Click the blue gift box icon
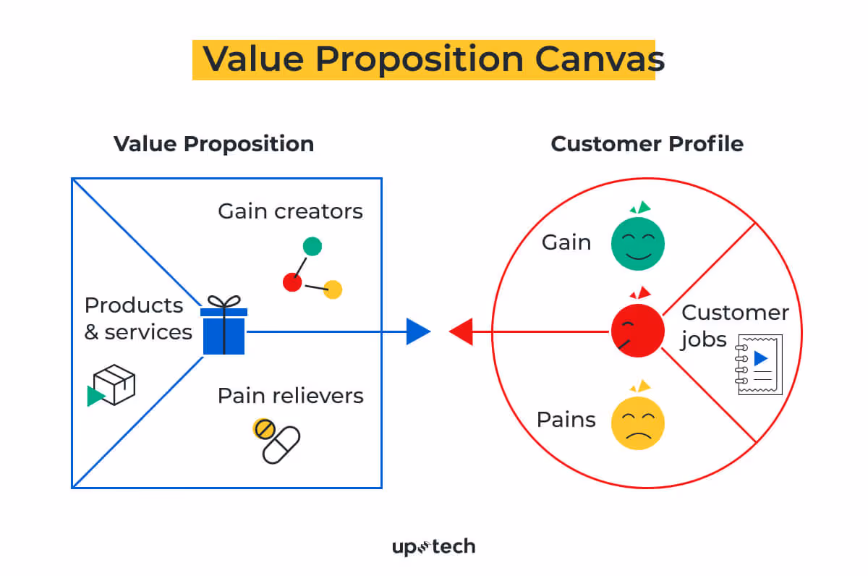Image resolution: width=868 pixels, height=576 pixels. (224, 330)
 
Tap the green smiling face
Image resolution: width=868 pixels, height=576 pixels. (637, 244)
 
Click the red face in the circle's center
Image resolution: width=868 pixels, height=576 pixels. (637, 330)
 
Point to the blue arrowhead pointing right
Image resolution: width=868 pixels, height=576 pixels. (418, 331)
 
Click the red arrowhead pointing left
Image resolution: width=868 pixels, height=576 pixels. (461, 331)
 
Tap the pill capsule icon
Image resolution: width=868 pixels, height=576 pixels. (280, 443)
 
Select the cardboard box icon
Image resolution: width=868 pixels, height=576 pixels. (115, 384)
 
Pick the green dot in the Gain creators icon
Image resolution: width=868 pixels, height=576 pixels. (312, 246)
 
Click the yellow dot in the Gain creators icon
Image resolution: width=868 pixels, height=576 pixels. (333, 289)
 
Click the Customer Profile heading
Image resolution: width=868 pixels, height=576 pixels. (647, 143)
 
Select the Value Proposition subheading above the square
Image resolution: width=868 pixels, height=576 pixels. (213, 143)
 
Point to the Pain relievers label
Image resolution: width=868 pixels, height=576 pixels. (291, 396)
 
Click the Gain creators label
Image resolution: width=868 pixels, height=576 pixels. (290, 211)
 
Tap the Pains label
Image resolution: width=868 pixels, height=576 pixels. (566, 420)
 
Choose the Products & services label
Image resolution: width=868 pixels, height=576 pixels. (137, 318)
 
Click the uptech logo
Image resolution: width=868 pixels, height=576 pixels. (433, 547)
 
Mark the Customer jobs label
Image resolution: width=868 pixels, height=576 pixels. (734, 326)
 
